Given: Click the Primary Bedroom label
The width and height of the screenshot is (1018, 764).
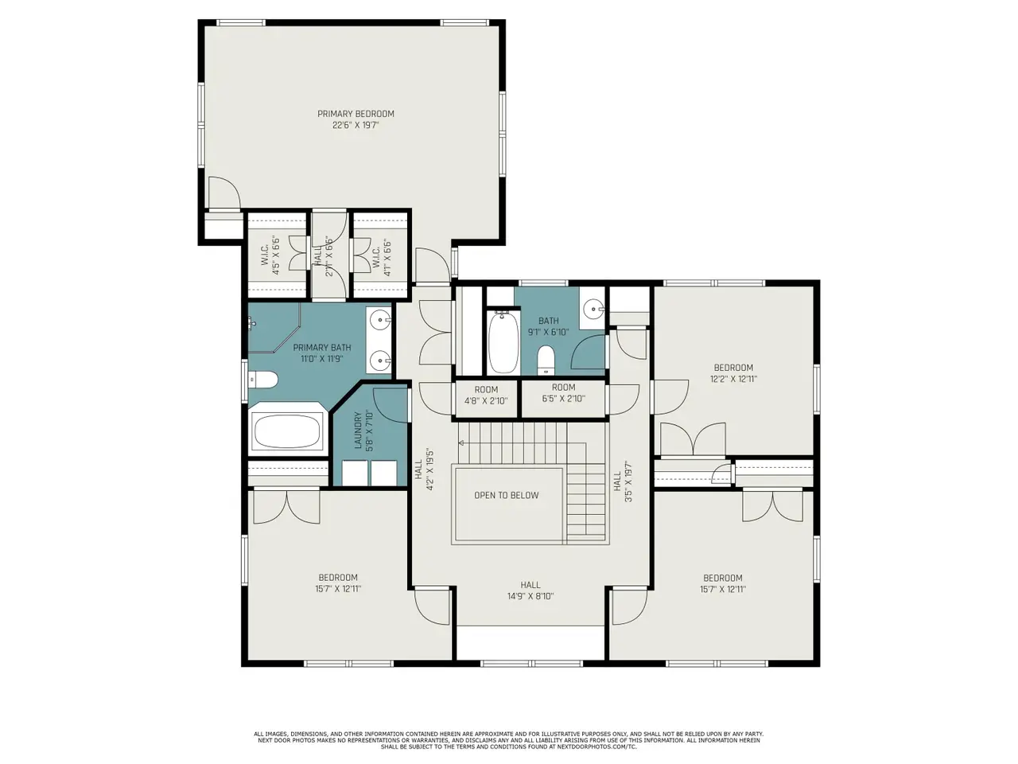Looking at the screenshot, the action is pos(356,114).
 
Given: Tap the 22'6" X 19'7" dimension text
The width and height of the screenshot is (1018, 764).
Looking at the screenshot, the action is pos(356,125).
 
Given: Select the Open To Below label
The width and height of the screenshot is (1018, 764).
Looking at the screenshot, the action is pos(507,496).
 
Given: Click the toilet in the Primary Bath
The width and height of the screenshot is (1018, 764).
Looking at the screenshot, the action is pos(263,380).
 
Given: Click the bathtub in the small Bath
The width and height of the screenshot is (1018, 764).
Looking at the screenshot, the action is pos(503,342).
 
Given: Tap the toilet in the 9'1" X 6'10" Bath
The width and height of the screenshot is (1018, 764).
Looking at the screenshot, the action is pos(546,360).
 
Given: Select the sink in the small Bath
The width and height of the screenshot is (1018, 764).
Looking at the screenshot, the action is pos(593,307).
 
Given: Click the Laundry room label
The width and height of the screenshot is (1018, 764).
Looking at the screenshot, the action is pos(363,431).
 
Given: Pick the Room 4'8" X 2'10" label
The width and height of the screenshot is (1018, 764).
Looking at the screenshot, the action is pos(486,396).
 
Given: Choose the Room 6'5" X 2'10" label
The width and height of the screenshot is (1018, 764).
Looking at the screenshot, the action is pos(564,392).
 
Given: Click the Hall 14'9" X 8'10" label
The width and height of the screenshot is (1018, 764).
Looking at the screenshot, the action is pos(530,591).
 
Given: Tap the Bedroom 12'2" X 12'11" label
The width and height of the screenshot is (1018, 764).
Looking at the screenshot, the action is pos(733,373).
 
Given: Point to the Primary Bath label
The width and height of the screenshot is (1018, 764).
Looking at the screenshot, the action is pos(322,353).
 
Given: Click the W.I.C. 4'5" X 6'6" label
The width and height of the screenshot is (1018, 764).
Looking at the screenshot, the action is pos(271,255).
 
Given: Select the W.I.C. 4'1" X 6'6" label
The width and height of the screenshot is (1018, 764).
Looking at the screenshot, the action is pos(382,257).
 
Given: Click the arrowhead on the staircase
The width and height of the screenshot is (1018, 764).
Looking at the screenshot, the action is pos(462,443).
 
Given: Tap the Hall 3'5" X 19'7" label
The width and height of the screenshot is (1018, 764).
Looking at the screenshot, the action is pos(623,481).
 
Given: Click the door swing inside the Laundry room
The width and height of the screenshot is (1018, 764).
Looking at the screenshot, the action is pos(390,405).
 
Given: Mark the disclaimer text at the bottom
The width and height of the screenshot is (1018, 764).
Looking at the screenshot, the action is pos(509,740).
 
